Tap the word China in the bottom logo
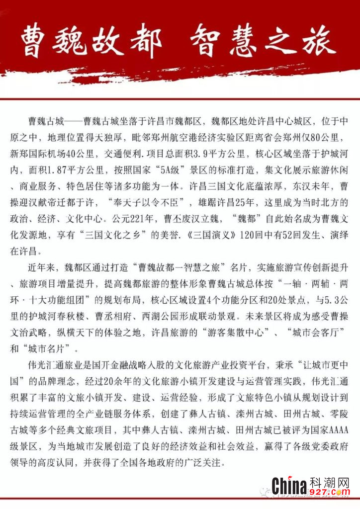tap(289, 484)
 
